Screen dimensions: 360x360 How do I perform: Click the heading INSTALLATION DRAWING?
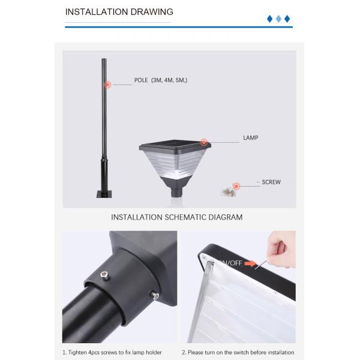click(119, 12)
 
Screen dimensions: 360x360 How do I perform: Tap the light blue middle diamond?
click(278, 19)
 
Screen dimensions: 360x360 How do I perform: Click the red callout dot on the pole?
click(107, 85)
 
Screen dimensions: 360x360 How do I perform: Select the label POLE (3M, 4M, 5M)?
click(161, 80)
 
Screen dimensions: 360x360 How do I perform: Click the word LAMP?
click(250, 138)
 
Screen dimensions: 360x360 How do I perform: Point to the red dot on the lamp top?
click(203, 142)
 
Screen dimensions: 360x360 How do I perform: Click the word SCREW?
click(271, 182)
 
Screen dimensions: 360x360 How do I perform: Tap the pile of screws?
click(228, 191)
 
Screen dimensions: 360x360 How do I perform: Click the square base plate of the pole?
click(104, 194)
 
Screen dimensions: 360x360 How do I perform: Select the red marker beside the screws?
click(236, 186)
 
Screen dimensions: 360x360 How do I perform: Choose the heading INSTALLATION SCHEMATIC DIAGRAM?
click(177, 217)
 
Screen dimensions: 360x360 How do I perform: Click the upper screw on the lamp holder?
click(104, 275)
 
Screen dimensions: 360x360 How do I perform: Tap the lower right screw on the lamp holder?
click(155, 295)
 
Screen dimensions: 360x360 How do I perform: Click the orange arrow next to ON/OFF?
click(250, 263)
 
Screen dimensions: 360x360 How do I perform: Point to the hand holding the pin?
click(281, 250)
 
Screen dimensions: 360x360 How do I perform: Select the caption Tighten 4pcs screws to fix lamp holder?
click(112, 352)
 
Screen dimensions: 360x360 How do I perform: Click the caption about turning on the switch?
click(238, 352)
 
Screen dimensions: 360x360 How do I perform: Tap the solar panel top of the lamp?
click(175, 144)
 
